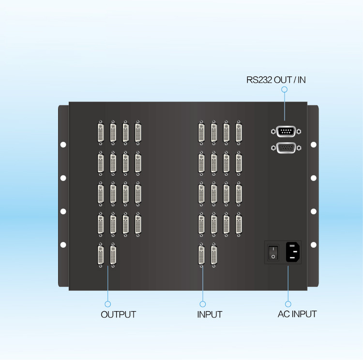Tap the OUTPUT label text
click(x=118, y=315)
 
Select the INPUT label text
click(x=210, y=315)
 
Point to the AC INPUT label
click(x=297, y=314)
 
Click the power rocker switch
click(x=273, y=252)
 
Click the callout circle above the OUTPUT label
click(x=108, y=304)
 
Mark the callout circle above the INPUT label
click(x=202, y=304)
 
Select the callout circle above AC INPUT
click(x=288, y=304)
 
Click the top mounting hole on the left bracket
click(x=63, y=144)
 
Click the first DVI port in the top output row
click(x=101, y=133)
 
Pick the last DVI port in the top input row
click(x=239, y=133)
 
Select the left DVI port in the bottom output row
click(x=101, y=255)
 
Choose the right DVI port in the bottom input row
click(x=213, y=255)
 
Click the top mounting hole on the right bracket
click(x=313, y=144)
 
